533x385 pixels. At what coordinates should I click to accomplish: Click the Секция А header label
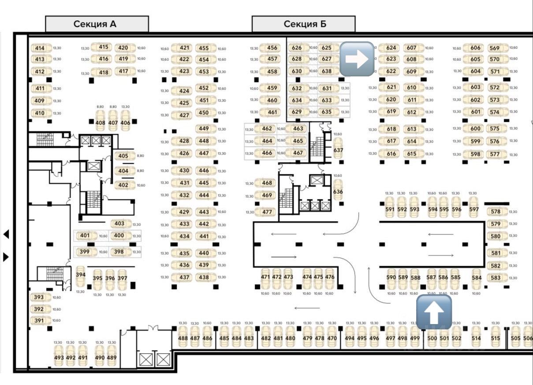tap(97, 24)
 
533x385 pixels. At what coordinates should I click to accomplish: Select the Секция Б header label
tap(303, 24)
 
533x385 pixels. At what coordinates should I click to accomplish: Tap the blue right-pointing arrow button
tap(357, 59)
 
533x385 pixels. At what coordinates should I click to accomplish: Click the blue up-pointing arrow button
tap(434, 312)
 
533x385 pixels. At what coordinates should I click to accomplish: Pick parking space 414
tap(40, 48)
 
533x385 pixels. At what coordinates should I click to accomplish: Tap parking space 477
tap(267, 212)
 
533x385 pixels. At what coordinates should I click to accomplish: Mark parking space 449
tap(204, 128)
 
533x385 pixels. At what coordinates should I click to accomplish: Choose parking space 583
tap(496, 278)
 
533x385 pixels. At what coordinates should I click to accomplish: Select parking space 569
tap(495, 48)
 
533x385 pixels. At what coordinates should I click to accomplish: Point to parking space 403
tap(119, 223)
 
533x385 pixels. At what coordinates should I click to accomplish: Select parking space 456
tap(272, 48)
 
